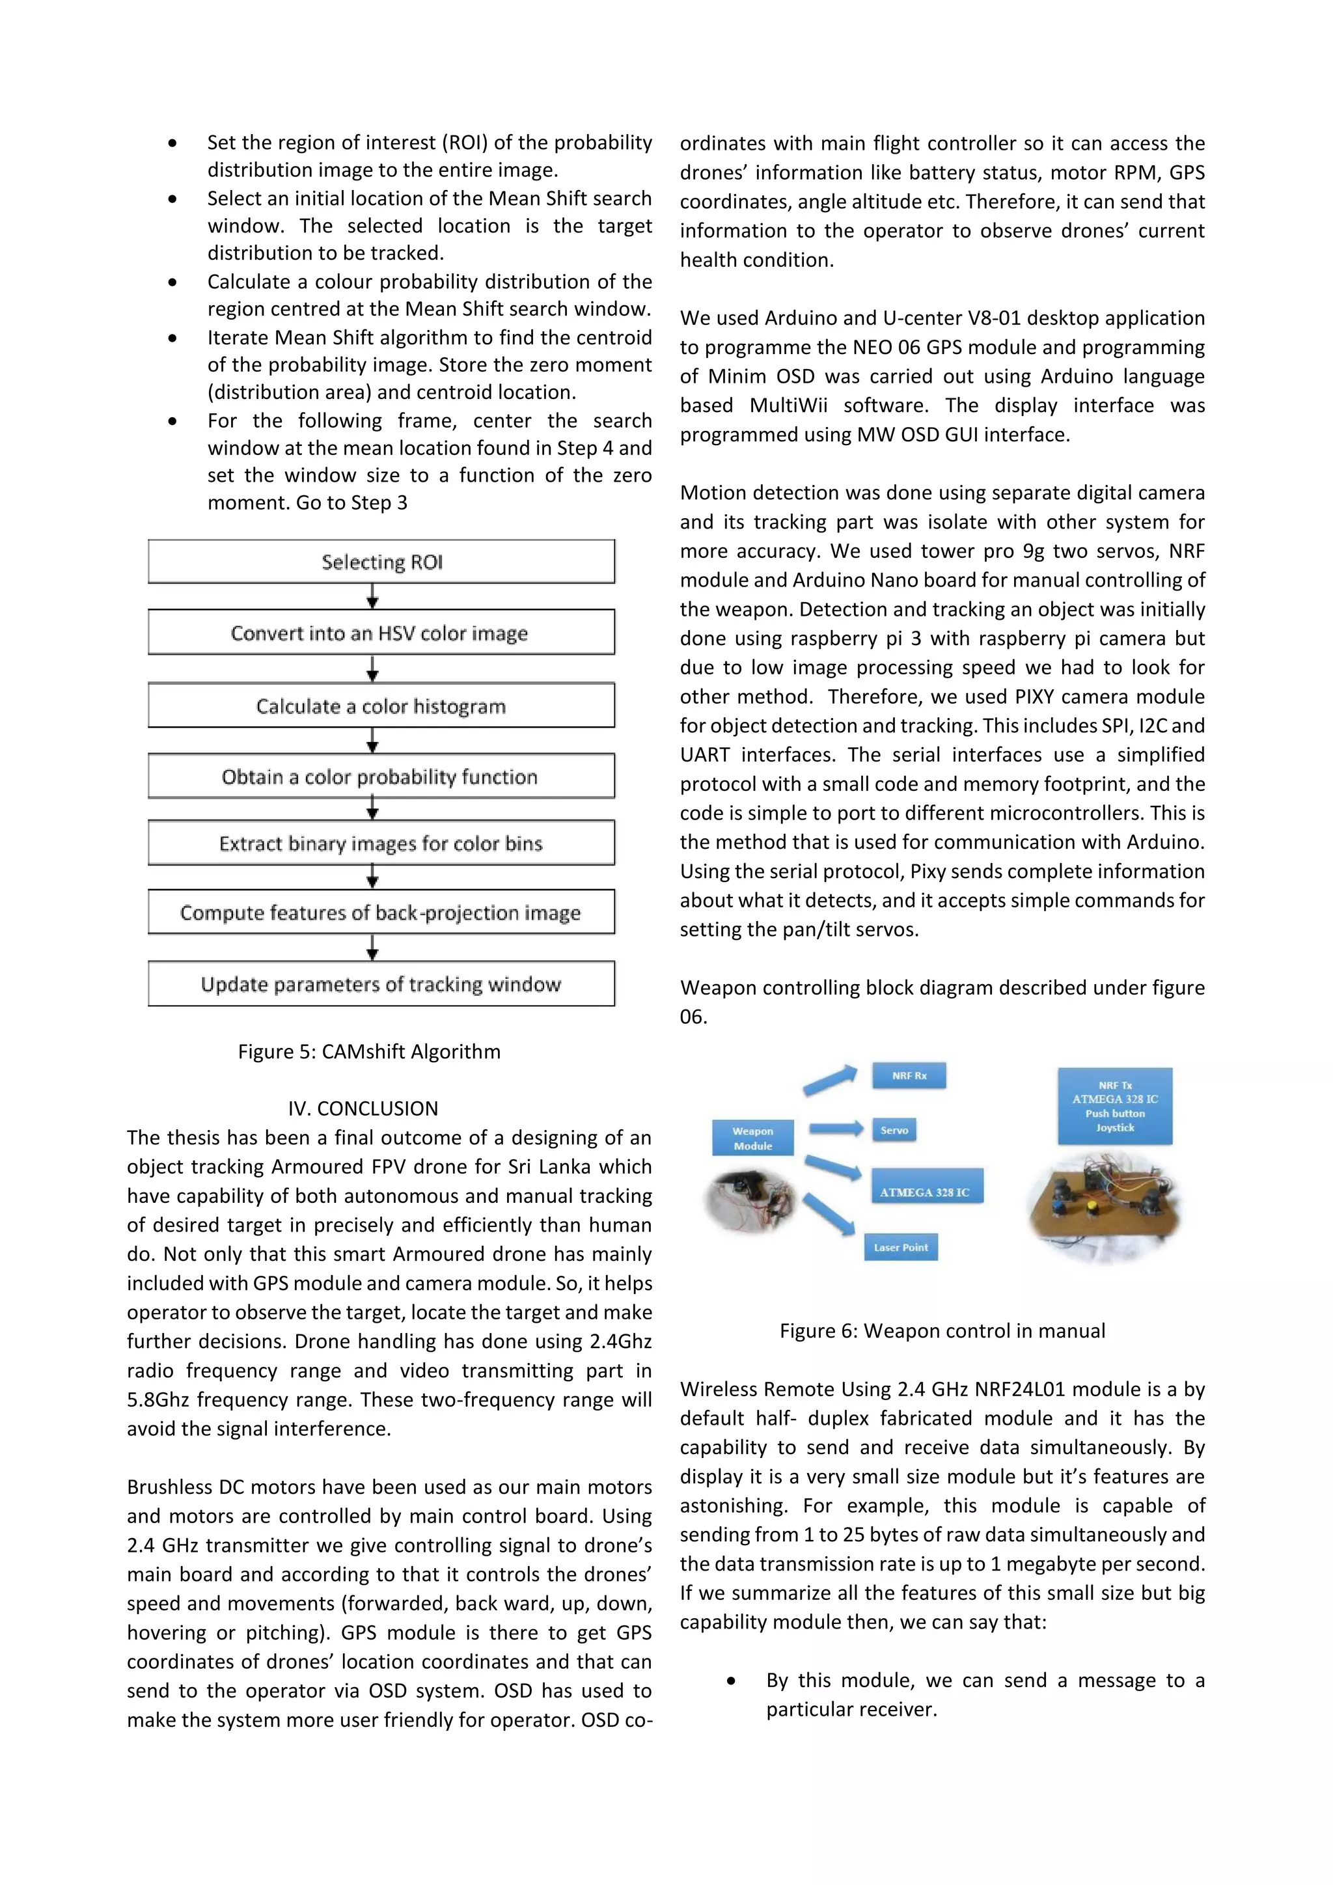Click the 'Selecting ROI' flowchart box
(381, 562)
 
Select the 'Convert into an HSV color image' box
(381, 632)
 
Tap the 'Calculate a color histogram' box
(381, 705)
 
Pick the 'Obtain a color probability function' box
(381, 776)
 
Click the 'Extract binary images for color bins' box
(381, 843)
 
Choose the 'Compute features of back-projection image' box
(381, 912)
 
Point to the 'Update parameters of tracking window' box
(381, 984)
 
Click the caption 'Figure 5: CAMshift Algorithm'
(368, 1052)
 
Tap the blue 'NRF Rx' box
(909, 1075)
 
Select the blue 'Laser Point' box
(900, 1247)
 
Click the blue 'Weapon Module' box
(752, 1138)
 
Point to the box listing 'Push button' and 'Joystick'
(1115, 1106)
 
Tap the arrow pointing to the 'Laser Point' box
(829, 1214)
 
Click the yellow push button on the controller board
(1093, 1207)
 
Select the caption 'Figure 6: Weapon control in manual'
(942, 1331)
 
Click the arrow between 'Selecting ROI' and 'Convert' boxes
(373, 596)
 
